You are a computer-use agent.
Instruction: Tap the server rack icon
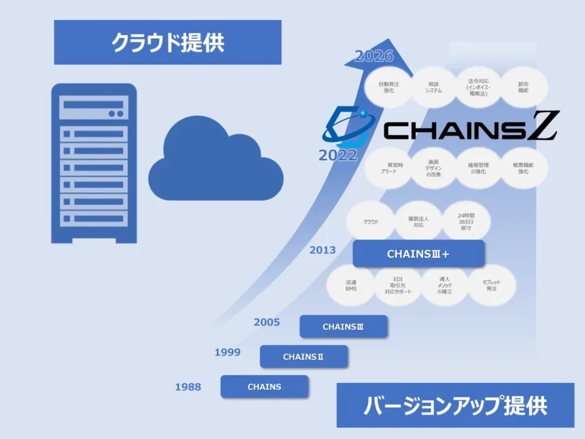94,163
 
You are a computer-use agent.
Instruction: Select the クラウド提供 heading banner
167,42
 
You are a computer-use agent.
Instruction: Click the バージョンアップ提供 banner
455,405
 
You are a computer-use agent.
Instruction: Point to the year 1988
188,387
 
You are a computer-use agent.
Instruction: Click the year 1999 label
228,352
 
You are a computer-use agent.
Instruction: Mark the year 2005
267,322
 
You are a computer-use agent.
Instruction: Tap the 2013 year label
323,250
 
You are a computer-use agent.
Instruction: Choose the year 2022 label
338,155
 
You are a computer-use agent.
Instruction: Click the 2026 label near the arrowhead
374,57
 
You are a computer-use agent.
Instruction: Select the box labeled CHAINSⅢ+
418,254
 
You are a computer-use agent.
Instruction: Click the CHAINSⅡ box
304,356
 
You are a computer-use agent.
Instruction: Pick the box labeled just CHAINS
264,387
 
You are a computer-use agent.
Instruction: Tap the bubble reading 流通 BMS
351,286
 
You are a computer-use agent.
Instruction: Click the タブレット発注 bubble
491,286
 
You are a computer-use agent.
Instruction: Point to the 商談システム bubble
433,88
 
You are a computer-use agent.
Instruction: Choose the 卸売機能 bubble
524,88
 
